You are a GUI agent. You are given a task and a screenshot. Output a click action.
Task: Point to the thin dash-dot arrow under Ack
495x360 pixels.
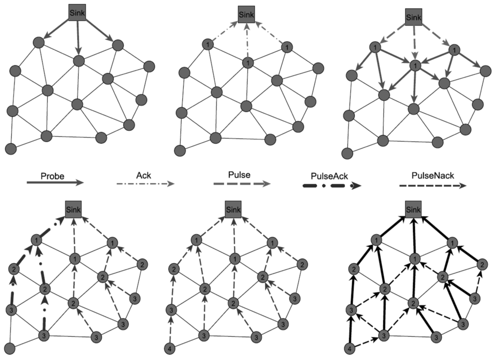(x=144, y=184)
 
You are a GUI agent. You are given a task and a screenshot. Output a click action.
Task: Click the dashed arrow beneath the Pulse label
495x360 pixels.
(x=241, y=184)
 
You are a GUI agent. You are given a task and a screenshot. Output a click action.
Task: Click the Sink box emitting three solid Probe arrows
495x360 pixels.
(x=78, y=14)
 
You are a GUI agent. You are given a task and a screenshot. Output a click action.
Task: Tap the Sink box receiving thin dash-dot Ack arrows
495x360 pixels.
(x=247, y=14)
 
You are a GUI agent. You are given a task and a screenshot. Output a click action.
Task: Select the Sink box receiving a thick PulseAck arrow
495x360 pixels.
(x=74, y=210)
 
